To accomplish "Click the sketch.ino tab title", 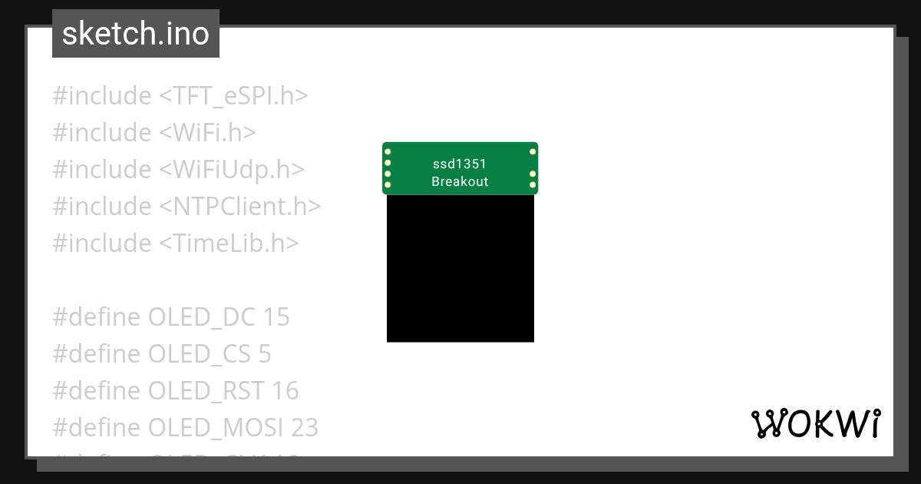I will tap(135, 34).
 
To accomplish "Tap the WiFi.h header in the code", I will tap(207, 133).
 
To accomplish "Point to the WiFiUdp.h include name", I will tap(232, 170).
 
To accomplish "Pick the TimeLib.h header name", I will tap(229, 244).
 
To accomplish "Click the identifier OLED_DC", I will tap(202, 317).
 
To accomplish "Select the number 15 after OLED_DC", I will tap(276, 317).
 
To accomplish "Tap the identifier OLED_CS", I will tap(200, 354).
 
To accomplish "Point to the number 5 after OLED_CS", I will tap(265, 354).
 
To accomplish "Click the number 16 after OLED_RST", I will tap(285, 391).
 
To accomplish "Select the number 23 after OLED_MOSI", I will tap(305, 427).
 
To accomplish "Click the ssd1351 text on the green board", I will tap(460, 164).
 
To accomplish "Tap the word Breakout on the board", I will tap(460, 182).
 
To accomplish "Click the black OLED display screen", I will tap(460, 268).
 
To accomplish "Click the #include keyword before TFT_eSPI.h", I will tap(102, 96).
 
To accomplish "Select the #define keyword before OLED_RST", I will tap(97, 391).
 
